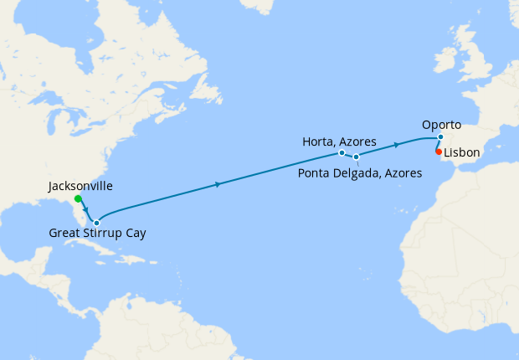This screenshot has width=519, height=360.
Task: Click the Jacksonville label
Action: click(81, 185)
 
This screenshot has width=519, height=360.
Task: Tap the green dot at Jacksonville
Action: click(78, 199)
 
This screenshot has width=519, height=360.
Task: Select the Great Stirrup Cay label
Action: click(96, 233)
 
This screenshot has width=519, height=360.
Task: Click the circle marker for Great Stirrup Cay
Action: click(97, 222)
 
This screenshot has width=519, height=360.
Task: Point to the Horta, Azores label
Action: click(339, 141)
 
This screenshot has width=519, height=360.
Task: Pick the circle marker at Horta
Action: click(342, 153)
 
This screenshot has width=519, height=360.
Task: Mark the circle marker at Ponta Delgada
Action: click(356, 157)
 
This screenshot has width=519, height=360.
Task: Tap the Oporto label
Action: click(441, 125)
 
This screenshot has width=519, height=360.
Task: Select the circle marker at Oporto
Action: click(442, 137)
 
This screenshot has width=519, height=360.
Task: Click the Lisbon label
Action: click(462, 154)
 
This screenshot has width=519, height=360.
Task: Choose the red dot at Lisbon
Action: click(439, 152)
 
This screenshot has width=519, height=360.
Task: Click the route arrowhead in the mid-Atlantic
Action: click(218, 184)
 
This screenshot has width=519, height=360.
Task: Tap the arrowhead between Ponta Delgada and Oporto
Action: click(397, 145)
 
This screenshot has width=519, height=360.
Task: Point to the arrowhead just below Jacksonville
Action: click(85, 209)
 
